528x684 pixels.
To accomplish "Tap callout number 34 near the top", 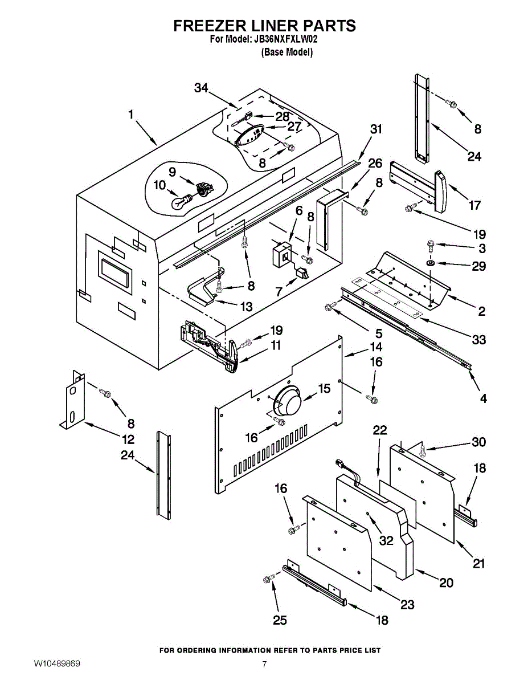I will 201,88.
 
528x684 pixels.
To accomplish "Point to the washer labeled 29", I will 431,263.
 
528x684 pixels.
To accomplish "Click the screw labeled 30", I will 422,450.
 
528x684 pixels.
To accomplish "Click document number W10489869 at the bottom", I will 57,664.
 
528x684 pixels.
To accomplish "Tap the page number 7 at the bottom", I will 264,664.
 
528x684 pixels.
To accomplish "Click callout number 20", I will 446,583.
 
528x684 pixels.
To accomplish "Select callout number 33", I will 478,340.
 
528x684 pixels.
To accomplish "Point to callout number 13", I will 246,307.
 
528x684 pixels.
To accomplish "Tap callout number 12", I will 128,439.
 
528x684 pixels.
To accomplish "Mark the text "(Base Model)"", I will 287,52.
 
